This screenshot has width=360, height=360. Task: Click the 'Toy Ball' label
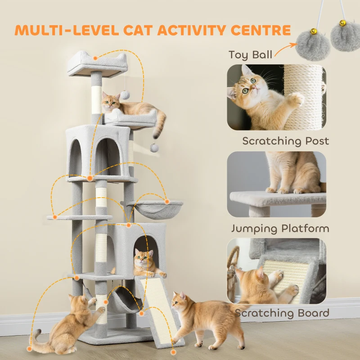point(250,55)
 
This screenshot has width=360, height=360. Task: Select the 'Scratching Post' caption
point(285,141)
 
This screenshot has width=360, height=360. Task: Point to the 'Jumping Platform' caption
point(280,228)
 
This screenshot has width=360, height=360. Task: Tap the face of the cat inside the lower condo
point(142,258)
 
